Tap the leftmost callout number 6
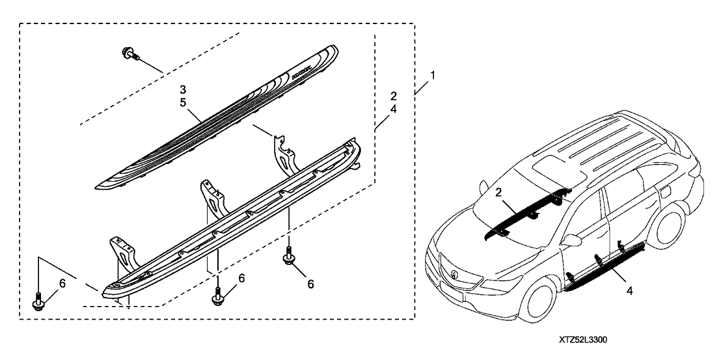click(x=62, y=283)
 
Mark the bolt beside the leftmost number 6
click(x=38, y=301)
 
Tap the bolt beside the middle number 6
click(x=217, y=297)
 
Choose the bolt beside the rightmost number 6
click(x=287, y=260)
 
